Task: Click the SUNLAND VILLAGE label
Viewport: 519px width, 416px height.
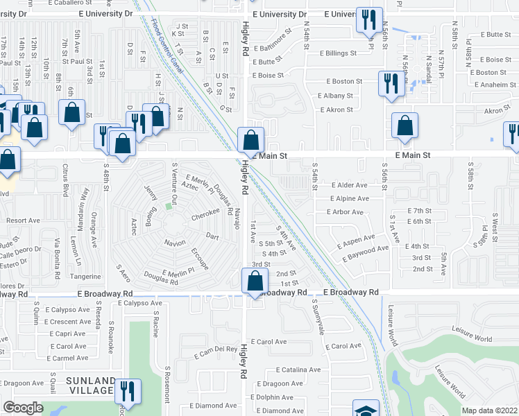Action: click(x=90, y=385)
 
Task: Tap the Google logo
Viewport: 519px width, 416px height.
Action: click(x=23, y=407)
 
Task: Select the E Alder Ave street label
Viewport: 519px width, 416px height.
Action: click(x=349, y=185)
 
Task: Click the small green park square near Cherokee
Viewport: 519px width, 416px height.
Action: click(x=169, y=207)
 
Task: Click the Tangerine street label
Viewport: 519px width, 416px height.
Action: click(x=85, y=276)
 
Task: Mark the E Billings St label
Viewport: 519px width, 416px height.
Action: click(x=338, y=53)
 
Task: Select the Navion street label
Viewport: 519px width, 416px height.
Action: click(x=175, y=243)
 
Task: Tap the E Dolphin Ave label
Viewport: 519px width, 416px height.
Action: click(x=278, y=397)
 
